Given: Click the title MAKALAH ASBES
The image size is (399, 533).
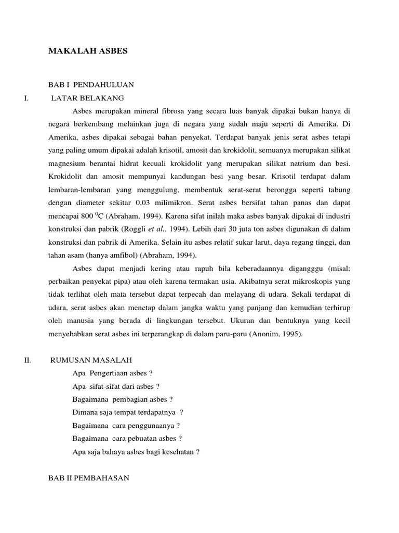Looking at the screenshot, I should (88, 51).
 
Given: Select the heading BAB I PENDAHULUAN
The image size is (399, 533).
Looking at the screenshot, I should (91, 85).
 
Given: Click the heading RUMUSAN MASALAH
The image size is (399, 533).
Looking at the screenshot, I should (91, 360).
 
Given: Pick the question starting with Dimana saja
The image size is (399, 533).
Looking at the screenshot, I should (128, 413).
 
